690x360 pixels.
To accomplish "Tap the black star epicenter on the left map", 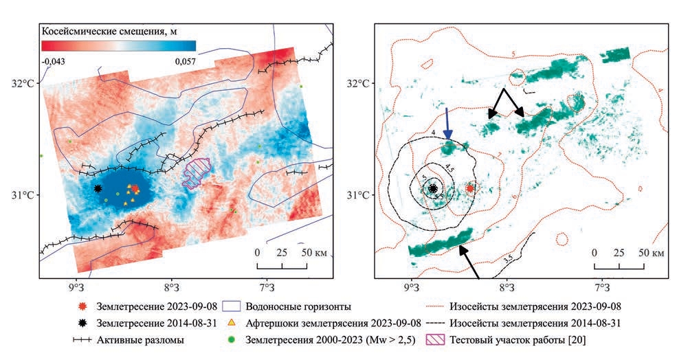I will point(98,188).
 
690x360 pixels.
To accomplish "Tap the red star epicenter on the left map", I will point(135,188).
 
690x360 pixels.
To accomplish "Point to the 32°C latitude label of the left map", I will point(23,84).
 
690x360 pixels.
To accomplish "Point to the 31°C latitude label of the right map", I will point(359,195).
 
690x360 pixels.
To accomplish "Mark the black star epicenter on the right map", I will point(433,188).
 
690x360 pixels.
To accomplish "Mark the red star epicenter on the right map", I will point(470,188).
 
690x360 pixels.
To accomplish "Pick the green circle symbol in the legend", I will point(231,339).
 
